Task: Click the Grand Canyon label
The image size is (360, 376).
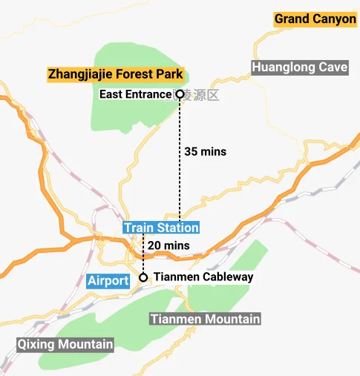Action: [315, 19]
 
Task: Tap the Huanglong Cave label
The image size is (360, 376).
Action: [300, 67]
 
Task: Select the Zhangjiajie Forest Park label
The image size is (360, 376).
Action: [115, 74]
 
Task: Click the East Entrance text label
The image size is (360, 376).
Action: [135, 95]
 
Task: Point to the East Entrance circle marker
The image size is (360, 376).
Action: [180, 95]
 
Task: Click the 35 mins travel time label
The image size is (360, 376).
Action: [204, 151]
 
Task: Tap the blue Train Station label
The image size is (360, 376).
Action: [161, 228]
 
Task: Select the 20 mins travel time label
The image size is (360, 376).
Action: [168, 245]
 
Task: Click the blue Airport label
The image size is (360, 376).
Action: [108, 280]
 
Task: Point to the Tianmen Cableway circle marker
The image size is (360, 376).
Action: [143, 277]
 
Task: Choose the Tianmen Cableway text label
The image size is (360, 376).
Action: [203, 277]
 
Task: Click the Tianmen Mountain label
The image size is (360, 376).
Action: [205, 319]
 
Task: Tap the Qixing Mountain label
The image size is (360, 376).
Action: [65, 344]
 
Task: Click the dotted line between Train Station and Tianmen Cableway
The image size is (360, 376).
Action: [143, 256]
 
